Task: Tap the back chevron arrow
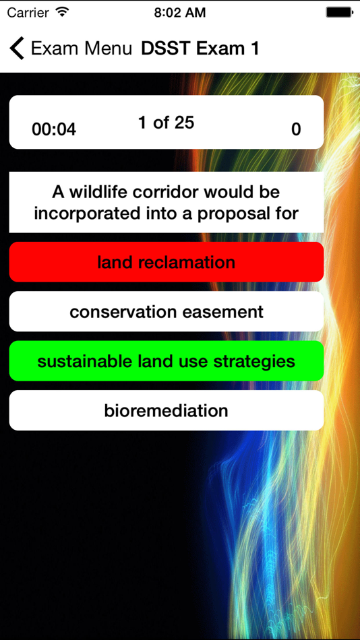[x=17, y=49]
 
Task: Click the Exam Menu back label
[x=82, y=49]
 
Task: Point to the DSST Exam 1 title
[x=200, y=49]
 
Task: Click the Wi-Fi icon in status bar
[x=63, y=12]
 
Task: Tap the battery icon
[x=339, y=12]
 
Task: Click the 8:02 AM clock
[x=180, y=12]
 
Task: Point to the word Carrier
[x=28, y=12]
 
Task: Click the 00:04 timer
[x=54, y=129]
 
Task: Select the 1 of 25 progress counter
[x=166, y=123]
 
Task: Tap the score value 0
[x=296, y=129]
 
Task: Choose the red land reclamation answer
[x=166, y=262]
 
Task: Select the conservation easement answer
[x=166, y=312]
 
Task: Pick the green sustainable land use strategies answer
[x=166, y=361]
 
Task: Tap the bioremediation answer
[x=166, y=410]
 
